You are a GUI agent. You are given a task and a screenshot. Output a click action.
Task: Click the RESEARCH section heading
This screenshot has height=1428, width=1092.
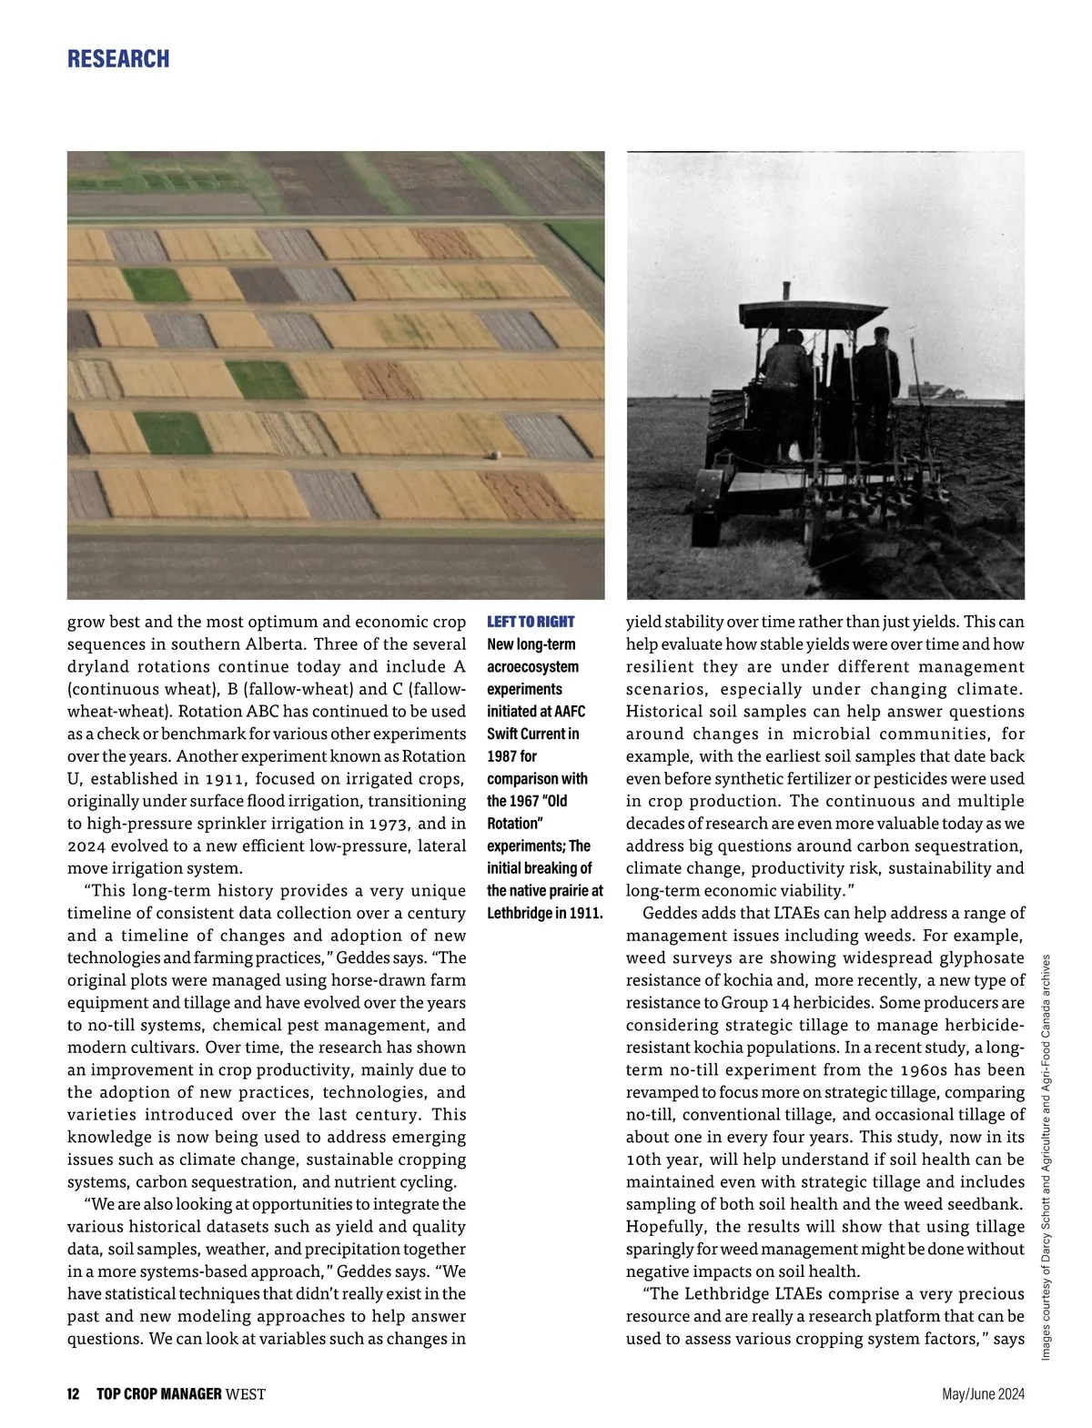pos(118,59)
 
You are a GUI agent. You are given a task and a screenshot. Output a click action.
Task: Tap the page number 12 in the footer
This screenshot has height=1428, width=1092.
pos(73,1394)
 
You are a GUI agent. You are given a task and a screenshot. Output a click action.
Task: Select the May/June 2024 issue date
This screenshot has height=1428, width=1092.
pos(983,1394)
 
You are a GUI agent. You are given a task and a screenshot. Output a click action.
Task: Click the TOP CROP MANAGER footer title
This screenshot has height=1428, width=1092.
pos(159,1394)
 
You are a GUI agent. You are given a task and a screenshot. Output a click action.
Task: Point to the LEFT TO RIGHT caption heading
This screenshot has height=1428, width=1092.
pos(531,622)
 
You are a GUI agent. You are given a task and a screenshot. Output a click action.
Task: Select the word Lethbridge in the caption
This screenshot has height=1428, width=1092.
pos(519,913)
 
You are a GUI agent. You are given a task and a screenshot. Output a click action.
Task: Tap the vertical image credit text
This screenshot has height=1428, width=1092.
pos(1046,1156)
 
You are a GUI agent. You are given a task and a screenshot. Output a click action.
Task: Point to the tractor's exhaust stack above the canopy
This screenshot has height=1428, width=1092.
pos(786,292)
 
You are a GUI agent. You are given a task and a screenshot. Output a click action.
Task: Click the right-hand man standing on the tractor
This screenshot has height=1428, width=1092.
pos(876,373)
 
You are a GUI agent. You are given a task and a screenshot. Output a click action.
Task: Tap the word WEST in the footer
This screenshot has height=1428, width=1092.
pos(246,1394)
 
